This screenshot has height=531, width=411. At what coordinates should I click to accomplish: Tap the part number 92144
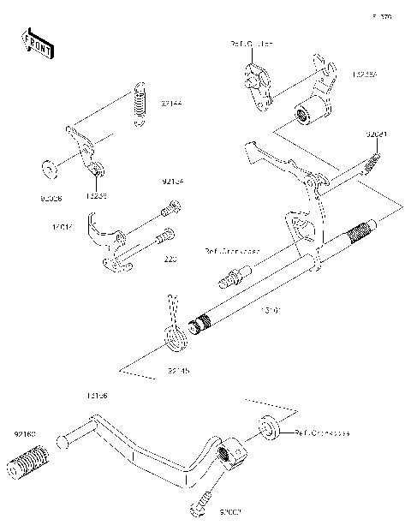pos(171,104)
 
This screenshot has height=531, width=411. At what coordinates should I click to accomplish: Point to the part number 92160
pos(24,435)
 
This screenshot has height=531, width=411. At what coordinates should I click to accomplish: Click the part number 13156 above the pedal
pos(96,397)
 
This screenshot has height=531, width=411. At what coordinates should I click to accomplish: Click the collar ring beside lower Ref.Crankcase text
pos(268,427)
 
